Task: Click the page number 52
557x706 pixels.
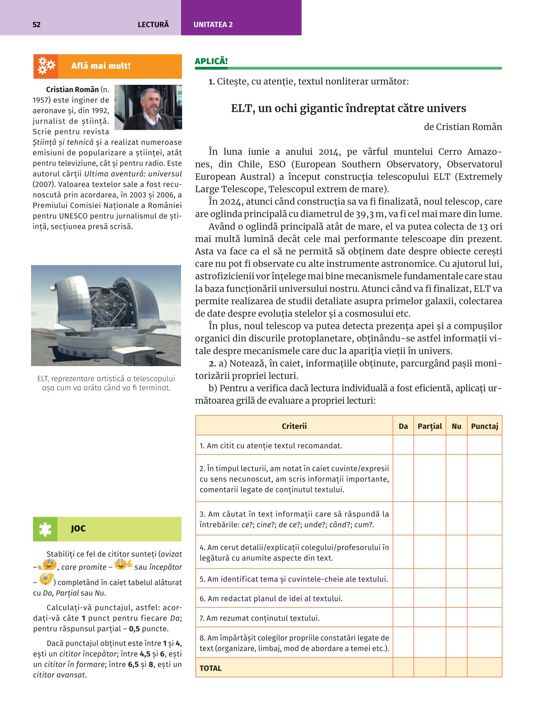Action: (x=36, y=24)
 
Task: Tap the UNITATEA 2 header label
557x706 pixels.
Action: (x=213, y=24)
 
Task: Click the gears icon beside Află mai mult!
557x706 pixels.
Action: (x=46, y=66)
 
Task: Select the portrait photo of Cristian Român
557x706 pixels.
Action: (x=148, y=107)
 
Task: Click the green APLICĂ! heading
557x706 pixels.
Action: (x=211, y=61)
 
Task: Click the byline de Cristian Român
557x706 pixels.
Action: (x=462, y=127)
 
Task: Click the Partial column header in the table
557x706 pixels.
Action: (x=429, y=426)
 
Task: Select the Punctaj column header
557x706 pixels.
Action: (x=484, y=426)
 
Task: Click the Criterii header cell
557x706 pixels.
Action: (x=294, y=426)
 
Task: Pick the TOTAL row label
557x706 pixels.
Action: (x=210, y=668)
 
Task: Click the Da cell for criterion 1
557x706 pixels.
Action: (x=403, y=445)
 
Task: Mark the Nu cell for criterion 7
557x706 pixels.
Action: (x=456, y=618)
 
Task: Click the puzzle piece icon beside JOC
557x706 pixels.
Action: (x=45, y=529)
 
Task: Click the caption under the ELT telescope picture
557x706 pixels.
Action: (x=106, y=383)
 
